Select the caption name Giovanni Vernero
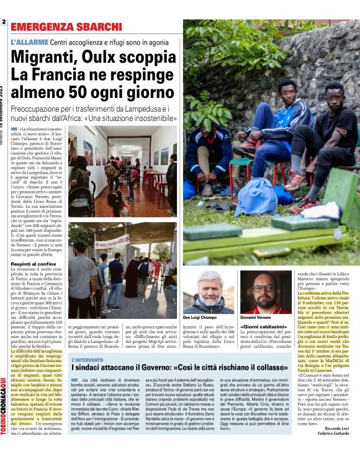click(256, 318)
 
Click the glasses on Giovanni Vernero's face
click(264, 288)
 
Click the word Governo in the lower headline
click(162, 370)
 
